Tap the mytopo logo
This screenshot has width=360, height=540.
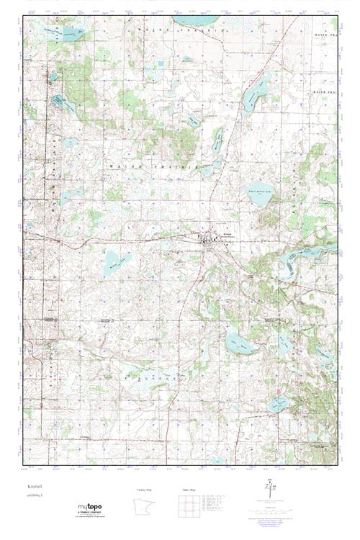pos(89,508)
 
